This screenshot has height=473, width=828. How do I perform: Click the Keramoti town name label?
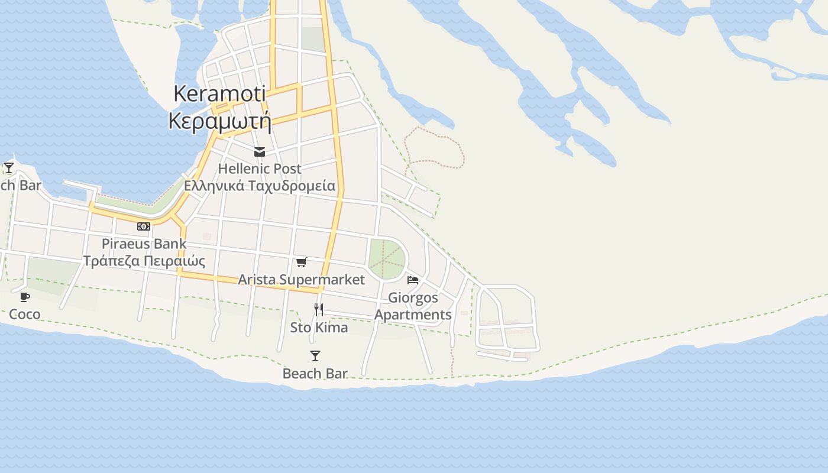point(219,93)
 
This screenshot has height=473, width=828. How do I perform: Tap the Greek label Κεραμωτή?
point(219,121)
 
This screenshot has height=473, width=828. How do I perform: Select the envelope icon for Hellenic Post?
point(259,152)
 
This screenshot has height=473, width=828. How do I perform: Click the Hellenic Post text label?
point(259,169)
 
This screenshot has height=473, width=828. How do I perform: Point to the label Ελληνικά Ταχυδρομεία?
point(259,186)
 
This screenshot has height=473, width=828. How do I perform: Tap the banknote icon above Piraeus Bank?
point(144,226)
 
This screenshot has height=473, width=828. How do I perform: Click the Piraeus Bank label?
point(144,244)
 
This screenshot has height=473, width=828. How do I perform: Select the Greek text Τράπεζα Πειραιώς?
point(144,261)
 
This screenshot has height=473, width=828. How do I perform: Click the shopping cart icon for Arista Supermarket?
point(302,262)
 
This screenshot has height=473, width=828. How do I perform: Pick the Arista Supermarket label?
point(302,279)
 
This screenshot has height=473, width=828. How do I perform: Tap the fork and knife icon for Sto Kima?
point(319,309)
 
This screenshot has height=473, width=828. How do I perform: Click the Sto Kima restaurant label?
point(319,327)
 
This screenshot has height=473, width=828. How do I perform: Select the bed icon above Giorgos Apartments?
point(413,280)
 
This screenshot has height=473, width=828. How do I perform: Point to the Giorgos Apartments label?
point(413,306)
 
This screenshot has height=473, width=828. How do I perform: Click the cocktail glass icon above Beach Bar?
point(315,356)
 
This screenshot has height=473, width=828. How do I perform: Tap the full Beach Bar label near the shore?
point(315,373)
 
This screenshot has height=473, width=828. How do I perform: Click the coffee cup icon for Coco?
point(25,297)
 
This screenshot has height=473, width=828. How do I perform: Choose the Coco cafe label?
point(25,314)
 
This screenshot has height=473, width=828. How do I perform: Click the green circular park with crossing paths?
point(387,259)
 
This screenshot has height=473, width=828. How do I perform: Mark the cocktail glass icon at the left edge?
point(9,169)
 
